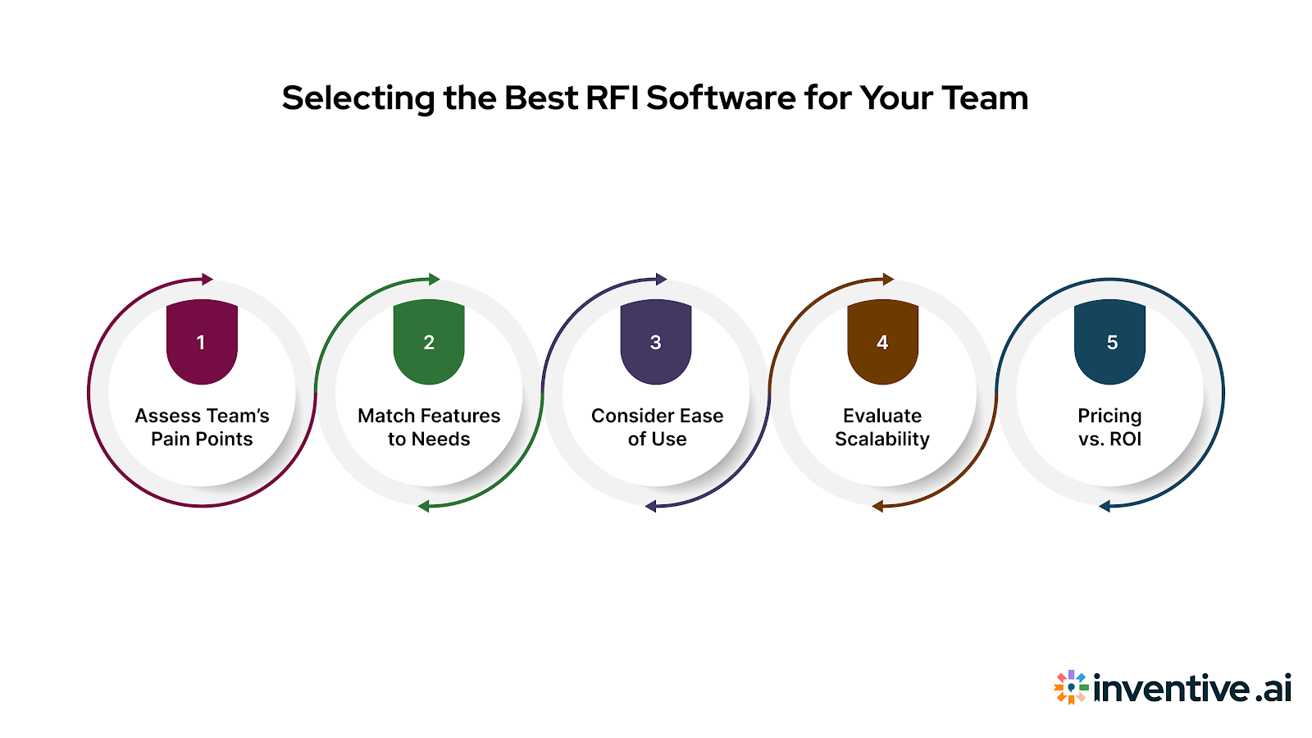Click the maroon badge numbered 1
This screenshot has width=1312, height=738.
click(202, 341)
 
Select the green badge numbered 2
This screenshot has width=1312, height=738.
click(429, 341)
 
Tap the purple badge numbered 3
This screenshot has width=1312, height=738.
click(655, 341)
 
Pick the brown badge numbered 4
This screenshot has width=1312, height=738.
click(882, 341)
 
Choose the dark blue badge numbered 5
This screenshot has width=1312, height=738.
click(1109, 341)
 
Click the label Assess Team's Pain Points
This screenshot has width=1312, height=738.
click(202, 427)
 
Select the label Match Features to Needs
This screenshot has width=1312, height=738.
click(429, 427)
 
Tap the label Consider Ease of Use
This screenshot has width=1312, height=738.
click(657, 427)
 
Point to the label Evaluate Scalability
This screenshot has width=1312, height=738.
click(882, 427)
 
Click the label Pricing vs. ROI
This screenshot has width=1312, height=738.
click(1109, 427)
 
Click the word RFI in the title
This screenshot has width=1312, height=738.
click(613, 98)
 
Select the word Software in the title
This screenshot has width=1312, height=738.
click(721, 98)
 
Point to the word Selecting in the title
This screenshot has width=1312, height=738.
click(358, 98)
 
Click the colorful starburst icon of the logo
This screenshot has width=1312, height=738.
click(1070, 687)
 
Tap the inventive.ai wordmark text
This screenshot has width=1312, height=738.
click(1192, 688)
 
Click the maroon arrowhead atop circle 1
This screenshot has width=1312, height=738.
click(207, 279)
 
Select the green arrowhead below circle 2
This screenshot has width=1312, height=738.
click(424, 506)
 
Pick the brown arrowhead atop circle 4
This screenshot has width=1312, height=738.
click(888, 279)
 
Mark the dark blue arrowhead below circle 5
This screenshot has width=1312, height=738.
click(1105, 506)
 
